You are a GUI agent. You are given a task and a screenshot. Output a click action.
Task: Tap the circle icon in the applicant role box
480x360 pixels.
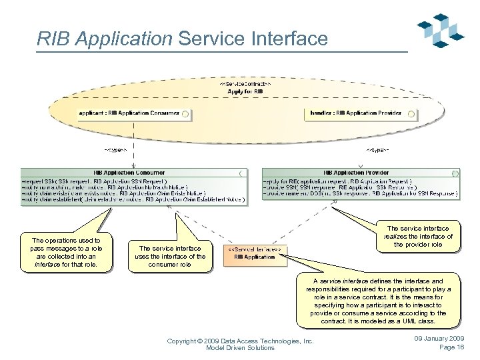[186, 114]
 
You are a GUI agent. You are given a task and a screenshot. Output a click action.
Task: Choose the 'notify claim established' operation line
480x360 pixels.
[133, 199]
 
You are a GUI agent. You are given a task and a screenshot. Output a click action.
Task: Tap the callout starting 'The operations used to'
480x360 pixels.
[65, 252]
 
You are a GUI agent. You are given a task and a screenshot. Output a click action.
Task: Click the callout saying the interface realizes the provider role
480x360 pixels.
[419, 236]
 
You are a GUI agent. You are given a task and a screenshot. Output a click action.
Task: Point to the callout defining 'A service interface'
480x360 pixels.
[378, 300]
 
